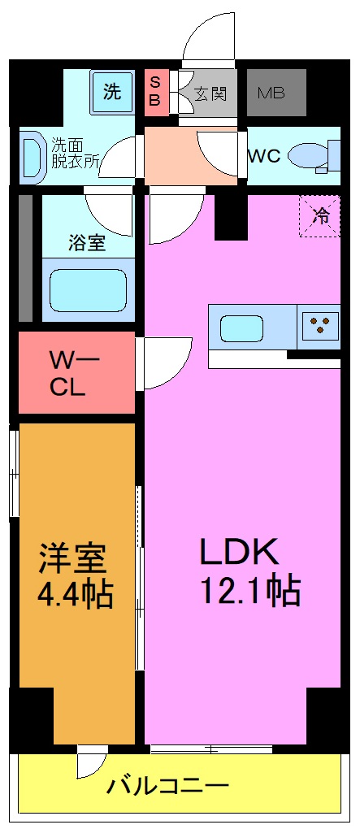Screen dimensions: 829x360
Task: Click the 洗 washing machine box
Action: (112, 91)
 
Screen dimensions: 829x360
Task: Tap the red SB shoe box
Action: (154, 93)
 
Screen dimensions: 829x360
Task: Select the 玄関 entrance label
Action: (210, 93)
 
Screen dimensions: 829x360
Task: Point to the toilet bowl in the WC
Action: (310, 154)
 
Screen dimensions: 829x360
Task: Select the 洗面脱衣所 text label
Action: (76, 153)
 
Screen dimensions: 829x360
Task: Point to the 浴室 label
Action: (86, 243)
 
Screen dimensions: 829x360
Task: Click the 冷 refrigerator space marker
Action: (320, 215)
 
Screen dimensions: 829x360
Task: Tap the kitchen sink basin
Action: (242, 328)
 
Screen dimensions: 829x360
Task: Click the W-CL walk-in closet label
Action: (75, 372)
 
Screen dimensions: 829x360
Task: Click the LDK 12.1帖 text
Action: (241, 571)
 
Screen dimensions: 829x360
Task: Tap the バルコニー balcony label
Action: (169, 786)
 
